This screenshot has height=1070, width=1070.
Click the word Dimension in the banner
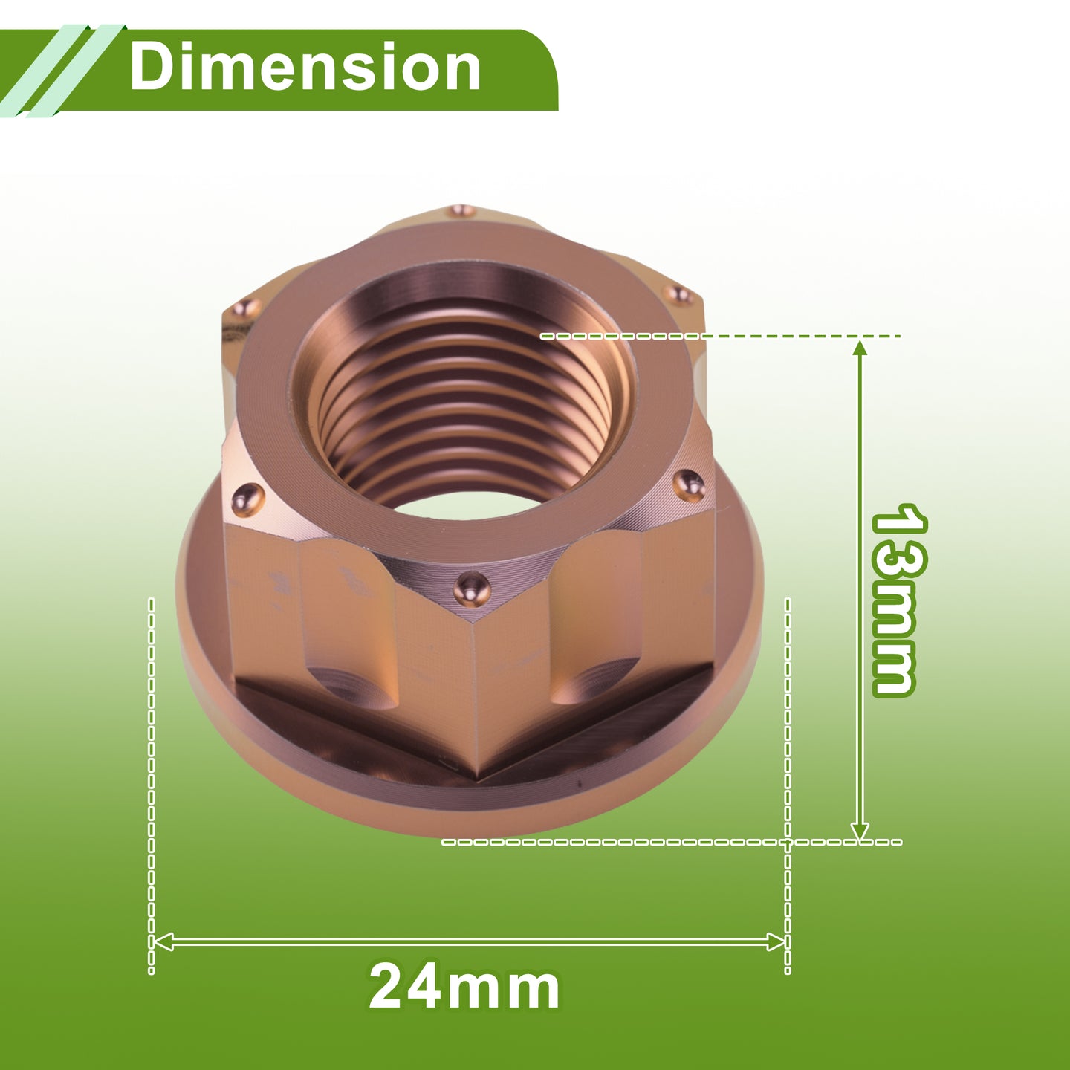(x=305, y=67)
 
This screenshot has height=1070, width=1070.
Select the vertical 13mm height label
(x=898, y=600)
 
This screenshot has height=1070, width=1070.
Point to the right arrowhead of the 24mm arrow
(x=776, y=942)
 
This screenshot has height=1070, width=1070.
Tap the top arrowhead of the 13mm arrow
(x=860, y=348)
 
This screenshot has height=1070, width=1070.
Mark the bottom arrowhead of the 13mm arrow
(x=860, y=831)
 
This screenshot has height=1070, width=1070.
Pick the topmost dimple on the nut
(x=462, y=211)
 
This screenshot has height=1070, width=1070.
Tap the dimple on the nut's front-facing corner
(x=472, y=589)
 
